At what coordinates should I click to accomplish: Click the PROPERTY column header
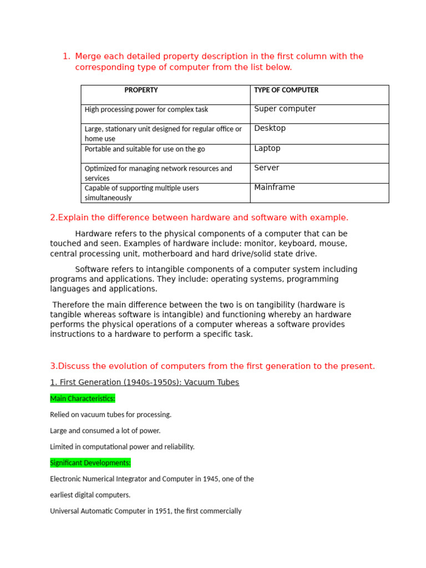(141, 90)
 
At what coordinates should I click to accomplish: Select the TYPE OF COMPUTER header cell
(286, 90)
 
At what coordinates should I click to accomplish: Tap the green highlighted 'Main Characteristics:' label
(83, 398)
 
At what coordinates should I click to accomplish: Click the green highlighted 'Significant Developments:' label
(90, 463)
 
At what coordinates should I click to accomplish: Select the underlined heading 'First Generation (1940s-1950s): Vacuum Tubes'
(145, 382)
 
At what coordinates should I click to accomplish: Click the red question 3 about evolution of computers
(212, 366)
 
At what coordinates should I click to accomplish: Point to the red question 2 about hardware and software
(199, 217)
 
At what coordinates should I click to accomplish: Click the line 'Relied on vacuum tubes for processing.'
(111, 414)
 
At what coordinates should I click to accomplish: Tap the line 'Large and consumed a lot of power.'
(105, 430)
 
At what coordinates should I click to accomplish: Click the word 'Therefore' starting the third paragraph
(72, 305)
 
